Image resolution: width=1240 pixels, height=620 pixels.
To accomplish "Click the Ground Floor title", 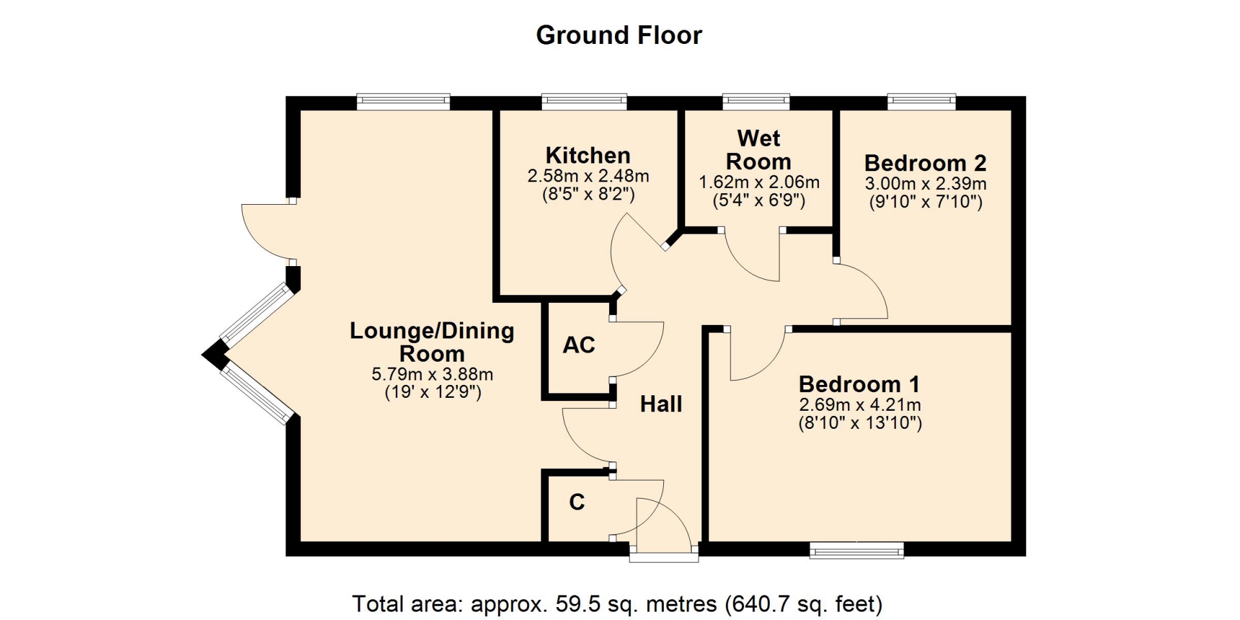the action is (x=619, y=35).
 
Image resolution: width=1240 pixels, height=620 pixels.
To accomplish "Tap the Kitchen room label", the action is (x=588, y=155).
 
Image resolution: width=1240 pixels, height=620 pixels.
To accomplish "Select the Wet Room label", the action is (x=759, y=150).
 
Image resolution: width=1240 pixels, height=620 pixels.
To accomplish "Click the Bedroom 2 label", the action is (x=925, y=163).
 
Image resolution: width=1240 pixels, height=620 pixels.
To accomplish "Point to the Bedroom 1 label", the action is (x=860, y=384).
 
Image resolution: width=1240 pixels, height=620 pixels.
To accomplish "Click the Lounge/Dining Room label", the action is (x=432, y=342).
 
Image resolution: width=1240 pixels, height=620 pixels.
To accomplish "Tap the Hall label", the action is (x=661, y=404).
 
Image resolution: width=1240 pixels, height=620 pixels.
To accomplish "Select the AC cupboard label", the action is (x=579, y=346).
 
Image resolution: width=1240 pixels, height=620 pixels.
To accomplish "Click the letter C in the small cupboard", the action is (x=577, y=502).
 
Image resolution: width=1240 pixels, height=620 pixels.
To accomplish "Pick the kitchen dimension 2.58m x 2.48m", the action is (x=588, y=176).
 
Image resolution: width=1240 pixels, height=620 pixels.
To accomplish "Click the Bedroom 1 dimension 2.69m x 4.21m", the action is (x=860, y=405).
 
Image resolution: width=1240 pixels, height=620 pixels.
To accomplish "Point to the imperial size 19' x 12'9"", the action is (x=433, y=392).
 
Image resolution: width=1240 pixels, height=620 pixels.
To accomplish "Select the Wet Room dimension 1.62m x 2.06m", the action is (x=759, y=183).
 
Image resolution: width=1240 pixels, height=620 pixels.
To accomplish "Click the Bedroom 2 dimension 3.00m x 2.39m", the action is (x=926, y=183).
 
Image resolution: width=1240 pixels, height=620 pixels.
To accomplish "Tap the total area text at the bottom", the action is (x=617, y=604).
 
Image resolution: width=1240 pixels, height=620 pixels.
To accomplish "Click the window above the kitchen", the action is (x=584, y=101).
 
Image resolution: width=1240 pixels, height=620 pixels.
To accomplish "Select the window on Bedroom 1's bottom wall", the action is (x=857, y=550).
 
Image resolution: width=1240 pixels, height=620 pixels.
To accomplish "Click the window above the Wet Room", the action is (x=756, y=101).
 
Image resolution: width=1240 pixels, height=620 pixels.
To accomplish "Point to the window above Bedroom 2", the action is (x=922, y=101).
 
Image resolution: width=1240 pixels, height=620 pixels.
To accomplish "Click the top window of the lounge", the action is (x=404, y=101).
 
